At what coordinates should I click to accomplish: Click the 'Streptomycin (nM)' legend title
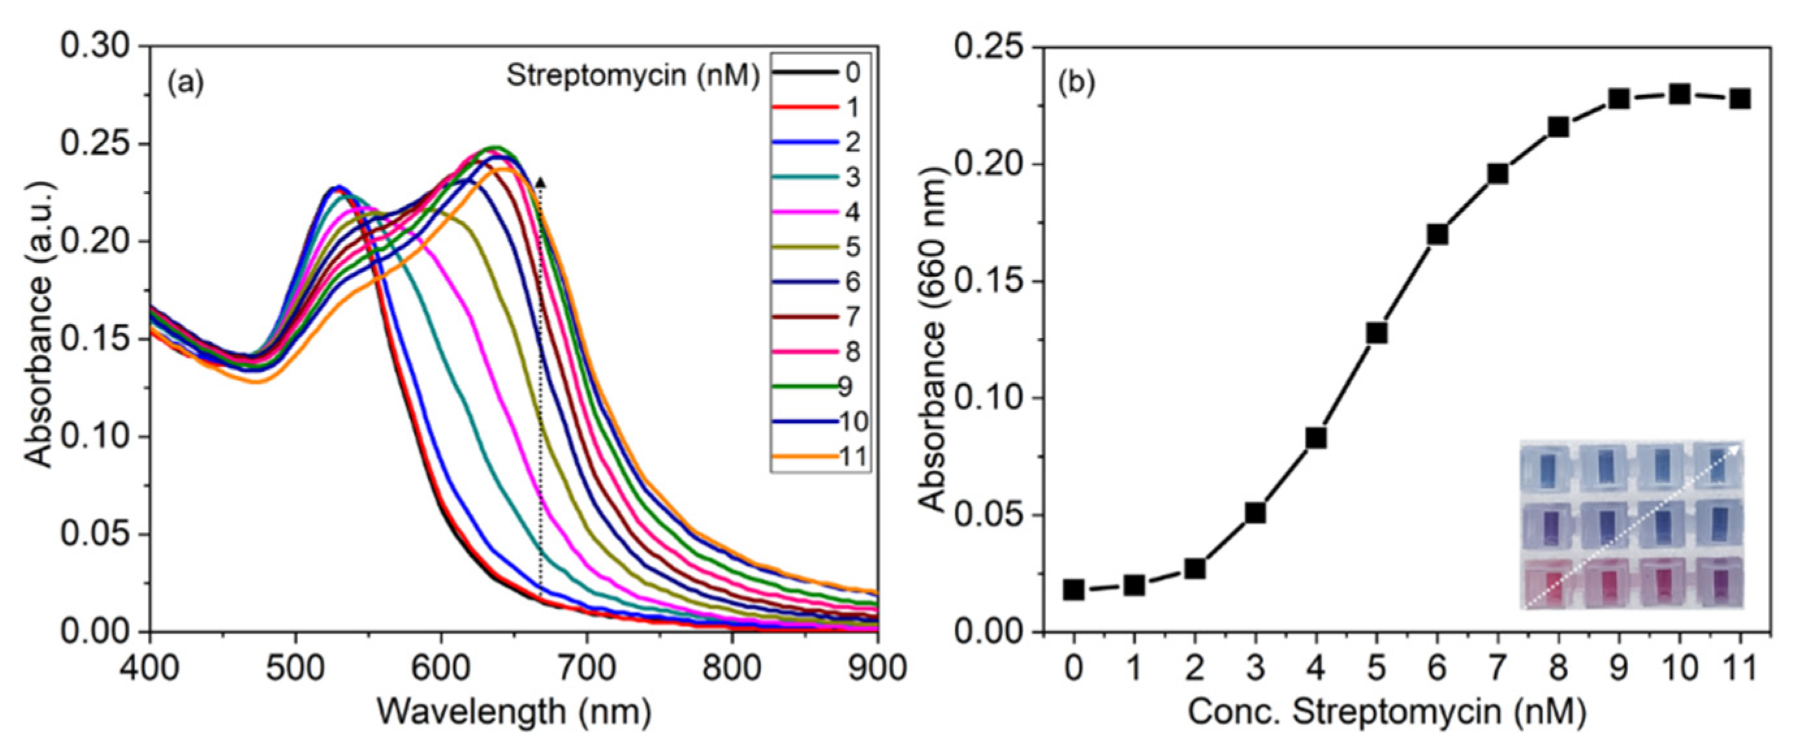tap(632, 75)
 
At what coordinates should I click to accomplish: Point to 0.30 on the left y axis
tap(95, 47)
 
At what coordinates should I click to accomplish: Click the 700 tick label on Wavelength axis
tap(586, 668)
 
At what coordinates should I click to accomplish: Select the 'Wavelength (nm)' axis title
tap(514, 712)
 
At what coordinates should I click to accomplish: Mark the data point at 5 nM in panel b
tap(1377, 333)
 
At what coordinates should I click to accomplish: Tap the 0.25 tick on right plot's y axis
tap(988, 47)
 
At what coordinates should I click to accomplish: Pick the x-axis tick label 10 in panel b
tap(1679, 668)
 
